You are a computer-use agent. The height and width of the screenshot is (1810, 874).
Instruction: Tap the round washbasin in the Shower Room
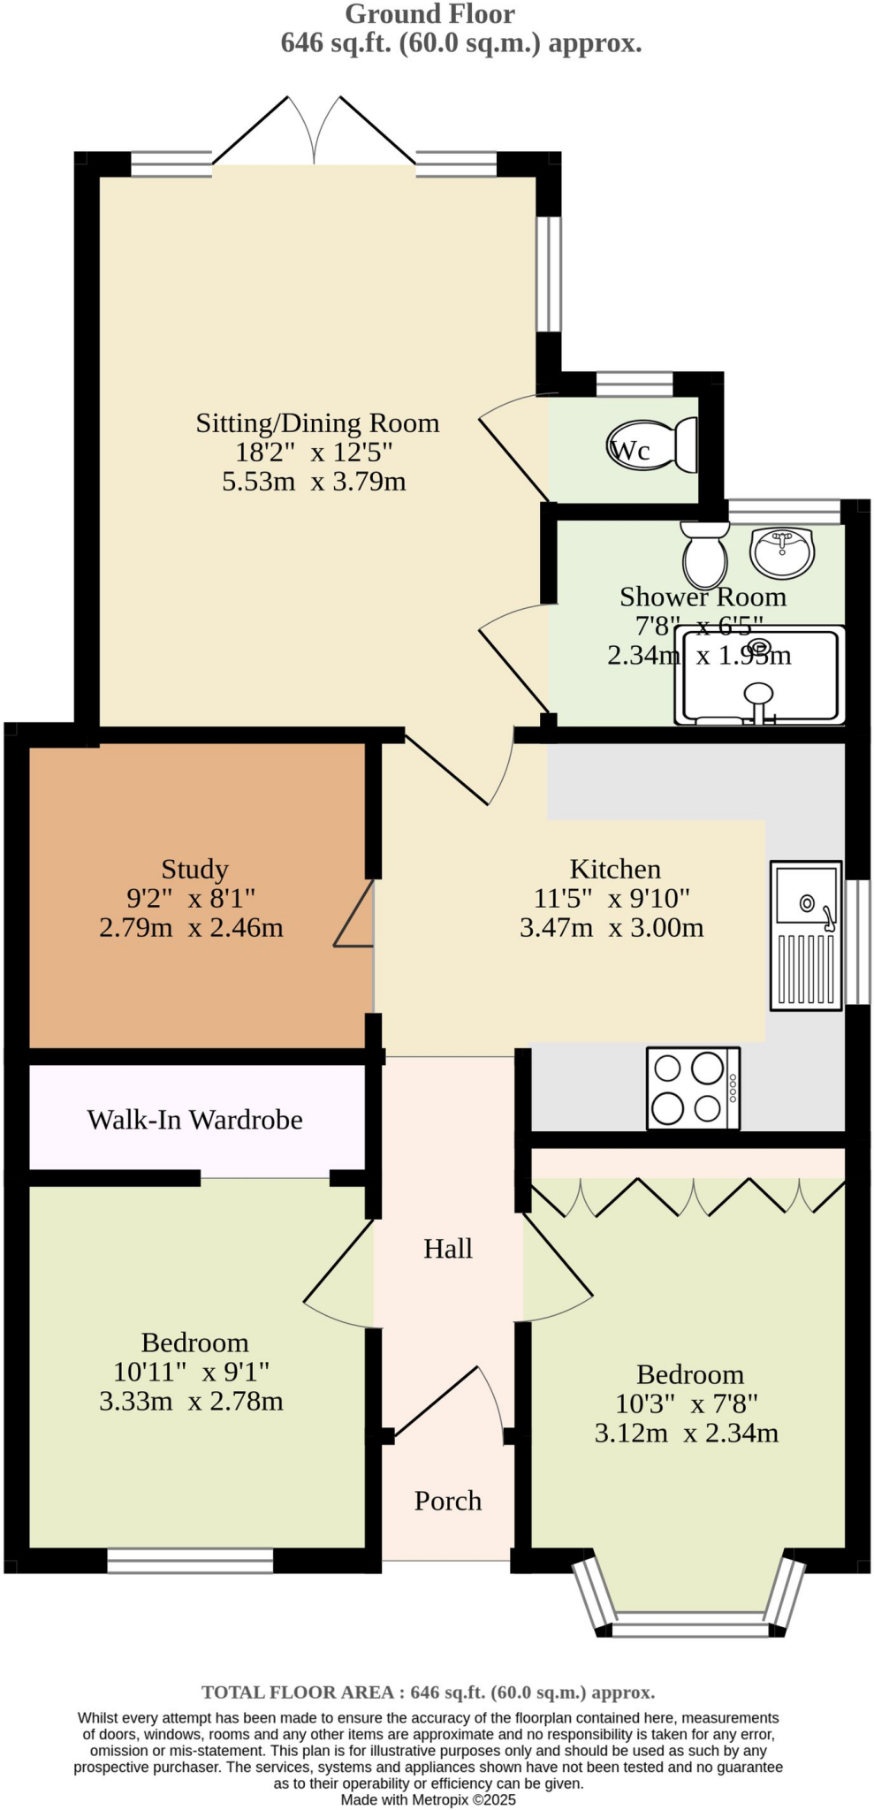point(780,551)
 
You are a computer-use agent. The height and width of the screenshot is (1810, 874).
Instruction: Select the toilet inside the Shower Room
point(704,553)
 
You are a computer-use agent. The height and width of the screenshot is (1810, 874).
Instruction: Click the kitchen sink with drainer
point(805,934)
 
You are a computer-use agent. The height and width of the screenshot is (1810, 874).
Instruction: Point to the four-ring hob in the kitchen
point(692,1088)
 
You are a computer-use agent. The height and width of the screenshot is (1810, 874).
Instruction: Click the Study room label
point(194,869)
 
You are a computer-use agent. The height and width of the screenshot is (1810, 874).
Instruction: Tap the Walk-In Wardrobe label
point(194,1120)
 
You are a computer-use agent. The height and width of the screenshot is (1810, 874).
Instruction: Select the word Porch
point(448,1500)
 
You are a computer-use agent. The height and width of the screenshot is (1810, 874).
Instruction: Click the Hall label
point(448,1248)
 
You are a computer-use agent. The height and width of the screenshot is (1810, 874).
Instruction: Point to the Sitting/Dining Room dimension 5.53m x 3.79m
point(314,482)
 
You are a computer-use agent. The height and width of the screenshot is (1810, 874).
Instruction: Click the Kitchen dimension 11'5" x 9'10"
point(612,898)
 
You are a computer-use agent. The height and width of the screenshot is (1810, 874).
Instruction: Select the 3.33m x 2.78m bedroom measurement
point(191,1401)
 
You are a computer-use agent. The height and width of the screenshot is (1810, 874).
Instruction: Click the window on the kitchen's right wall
point(857,941)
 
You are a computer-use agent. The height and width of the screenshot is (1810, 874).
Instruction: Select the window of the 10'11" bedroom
point(190,1561)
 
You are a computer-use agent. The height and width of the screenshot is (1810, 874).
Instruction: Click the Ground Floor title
point(429,14)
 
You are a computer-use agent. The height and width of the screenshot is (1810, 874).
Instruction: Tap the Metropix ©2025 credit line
point(429,1799)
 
